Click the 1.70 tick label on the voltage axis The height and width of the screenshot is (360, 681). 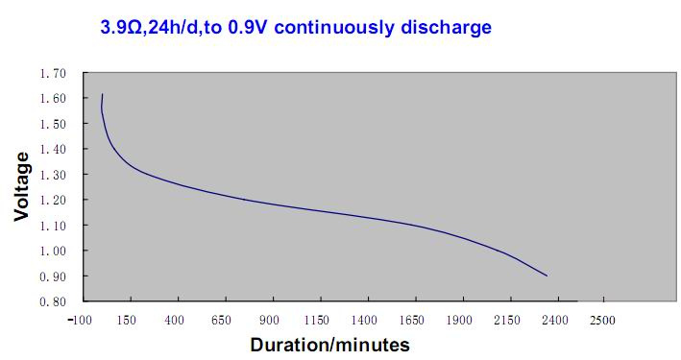(x=53, y=73)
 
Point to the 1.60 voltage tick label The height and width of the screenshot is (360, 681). (x=53, y=99)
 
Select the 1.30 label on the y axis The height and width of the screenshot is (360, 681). (x=53, y=175)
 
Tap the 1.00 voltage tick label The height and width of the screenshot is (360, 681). (x=53, y=251)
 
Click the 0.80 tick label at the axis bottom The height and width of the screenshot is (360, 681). (x=53, y=301)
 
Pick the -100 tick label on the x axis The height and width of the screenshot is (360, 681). (x=80, y=320)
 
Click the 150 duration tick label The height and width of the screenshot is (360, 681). (x=127, y=320)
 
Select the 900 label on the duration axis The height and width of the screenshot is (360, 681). (x=269, y=320)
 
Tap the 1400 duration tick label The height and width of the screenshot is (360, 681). (x=364, y=320)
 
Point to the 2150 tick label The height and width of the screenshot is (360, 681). (x=507, y=320)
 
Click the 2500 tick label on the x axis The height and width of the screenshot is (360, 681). (x=602, y=320)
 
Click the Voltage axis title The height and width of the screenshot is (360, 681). (x=21, y=186)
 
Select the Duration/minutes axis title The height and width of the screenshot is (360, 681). (x=330, y=345)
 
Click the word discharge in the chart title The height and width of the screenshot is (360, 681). (x=446, y=27)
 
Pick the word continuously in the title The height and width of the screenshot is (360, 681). (x=334, y=28)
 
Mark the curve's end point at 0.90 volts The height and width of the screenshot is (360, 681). (x=547, y=276)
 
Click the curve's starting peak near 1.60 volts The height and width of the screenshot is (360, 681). (x=103, y=94)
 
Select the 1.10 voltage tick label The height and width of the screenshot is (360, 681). (x=53, y=226)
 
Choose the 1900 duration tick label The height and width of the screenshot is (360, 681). (x=459, y=320)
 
